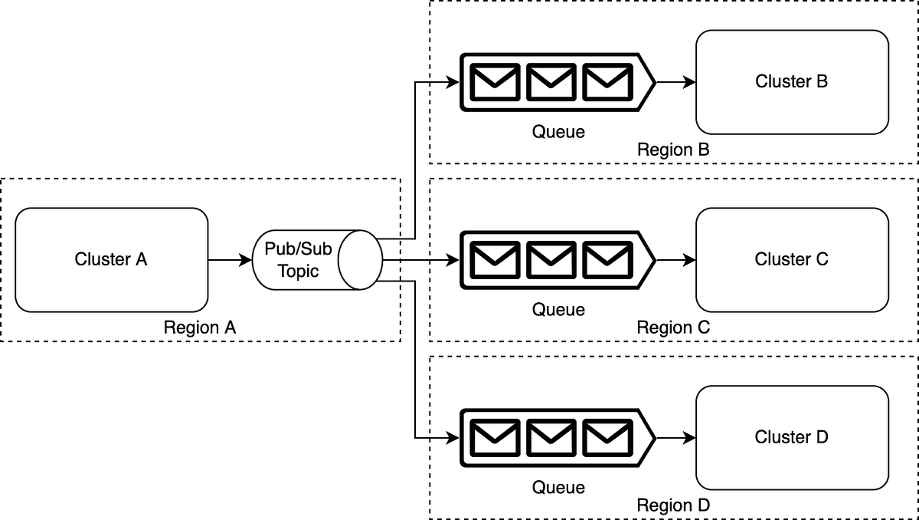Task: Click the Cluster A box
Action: [112, 260]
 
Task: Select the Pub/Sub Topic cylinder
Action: [318, 260]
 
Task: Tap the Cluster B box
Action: [792, 82]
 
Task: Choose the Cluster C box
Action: [792, 260]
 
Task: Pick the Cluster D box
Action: [792, 438]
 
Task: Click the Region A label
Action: [200, 327]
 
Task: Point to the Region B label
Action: [673, 150]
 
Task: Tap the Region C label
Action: [673, 327]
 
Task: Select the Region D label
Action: [673, 505]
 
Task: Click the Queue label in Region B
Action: [558, 132]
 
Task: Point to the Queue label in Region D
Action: [558, 488]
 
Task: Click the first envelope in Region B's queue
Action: [495, 82]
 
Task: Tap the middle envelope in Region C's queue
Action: [551, 260]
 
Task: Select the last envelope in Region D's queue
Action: [607, 438]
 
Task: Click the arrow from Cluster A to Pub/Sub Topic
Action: [231, 260]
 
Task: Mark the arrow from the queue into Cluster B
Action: [676, 82]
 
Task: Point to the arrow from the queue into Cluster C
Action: [676, 260]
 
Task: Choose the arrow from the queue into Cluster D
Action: [676, 438]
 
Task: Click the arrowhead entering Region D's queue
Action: [453, 438]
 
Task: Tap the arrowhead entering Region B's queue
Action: [453, 82]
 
